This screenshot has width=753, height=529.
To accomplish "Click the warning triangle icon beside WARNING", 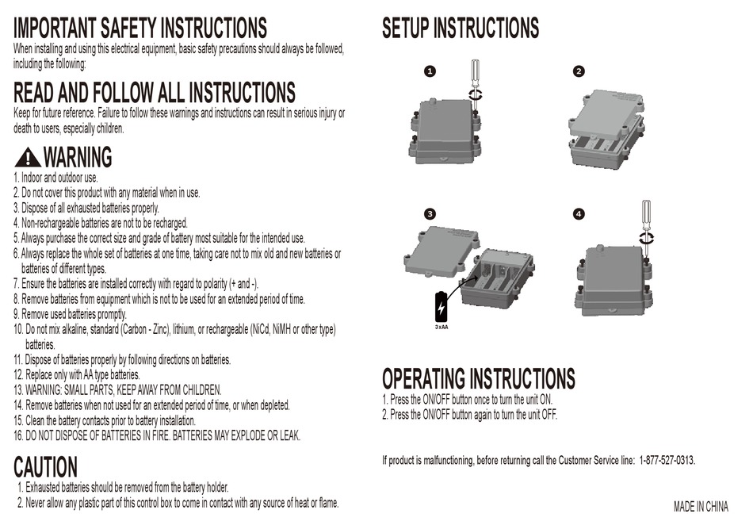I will (27, 158).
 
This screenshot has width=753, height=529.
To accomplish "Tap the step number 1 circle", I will (430, 71).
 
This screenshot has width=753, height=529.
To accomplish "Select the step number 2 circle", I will (579, 71).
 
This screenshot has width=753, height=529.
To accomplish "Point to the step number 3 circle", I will (430, 214).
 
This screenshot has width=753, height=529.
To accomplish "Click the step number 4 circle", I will (579, 214).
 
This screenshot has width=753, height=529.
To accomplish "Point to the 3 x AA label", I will (441, 327).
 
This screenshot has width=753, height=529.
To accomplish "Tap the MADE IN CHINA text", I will (701, 507).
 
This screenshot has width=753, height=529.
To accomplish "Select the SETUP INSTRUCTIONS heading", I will (460, 29).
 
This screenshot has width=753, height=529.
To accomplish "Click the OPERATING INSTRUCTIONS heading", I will (478, 378).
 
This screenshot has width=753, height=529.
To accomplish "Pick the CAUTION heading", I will (46, 467).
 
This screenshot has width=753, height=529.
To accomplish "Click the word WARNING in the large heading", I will (77, 158).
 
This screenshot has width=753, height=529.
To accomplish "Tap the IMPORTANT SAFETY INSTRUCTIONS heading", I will (140, 29).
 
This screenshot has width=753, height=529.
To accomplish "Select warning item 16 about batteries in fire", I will (157, 436).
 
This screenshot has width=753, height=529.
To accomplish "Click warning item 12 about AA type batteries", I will (77, 374).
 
